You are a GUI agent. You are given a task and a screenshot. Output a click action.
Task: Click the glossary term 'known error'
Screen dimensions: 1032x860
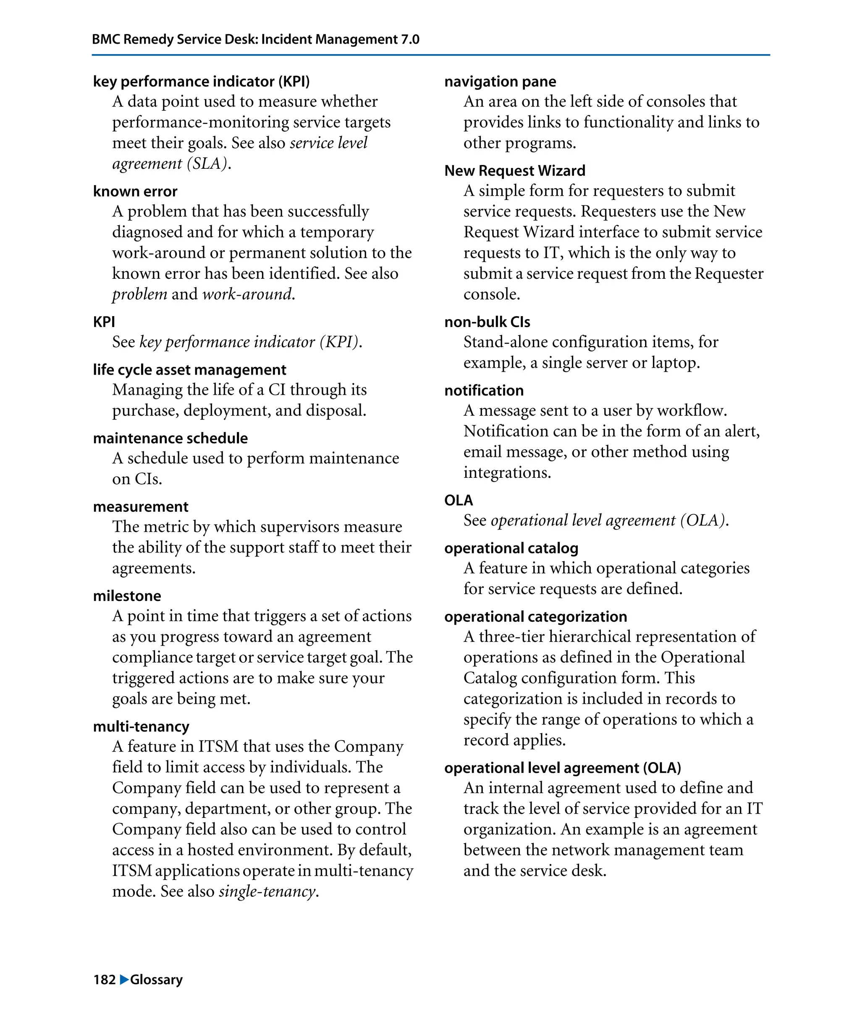coord(135,191)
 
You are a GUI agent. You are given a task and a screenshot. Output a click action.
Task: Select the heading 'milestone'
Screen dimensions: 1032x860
coord(127,596)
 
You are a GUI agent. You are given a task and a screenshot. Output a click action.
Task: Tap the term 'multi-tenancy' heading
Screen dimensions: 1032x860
coord(141,726)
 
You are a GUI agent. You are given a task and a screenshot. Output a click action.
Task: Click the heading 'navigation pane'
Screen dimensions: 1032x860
coord(500,81)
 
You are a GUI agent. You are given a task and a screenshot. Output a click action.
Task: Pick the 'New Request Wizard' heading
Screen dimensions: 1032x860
coord(514,170)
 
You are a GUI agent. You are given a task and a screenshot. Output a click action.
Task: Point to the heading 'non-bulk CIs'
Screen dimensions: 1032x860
coord(487,322)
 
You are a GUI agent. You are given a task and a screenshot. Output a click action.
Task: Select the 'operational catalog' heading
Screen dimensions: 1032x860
coord(511,548)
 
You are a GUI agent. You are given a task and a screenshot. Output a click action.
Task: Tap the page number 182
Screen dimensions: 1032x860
coord(104,980)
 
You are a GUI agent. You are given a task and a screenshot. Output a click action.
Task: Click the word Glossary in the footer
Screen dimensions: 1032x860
coord(156,980)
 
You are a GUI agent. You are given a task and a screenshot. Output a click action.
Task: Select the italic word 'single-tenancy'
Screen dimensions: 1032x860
coord(267,891)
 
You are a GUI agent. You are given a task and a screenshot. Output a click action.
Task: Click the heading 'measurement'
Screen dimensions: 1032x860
coord(141,507)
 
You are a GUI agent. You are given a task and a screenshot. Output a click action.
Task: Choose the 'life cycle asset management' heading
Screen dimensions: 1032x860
coord(189,369)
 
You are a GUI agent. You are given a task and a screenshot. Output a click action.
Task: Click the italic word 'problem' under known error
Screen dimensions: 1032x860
coord(139,294)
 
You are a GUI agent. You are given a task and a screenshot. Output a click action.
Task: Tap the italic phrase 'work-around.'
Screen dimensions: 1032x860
coord(249,294)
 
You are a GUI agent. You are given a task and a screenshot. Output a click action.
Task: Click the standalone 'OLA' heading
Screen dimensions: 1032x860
coord(458,500)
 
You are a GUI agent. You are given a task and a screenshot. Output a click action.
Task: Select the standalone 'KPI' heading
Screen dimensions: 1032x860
coord(104,322)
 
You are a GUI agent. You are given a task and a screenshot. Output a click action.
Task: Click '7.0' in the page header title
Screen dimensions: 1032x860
coord(410,39)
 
